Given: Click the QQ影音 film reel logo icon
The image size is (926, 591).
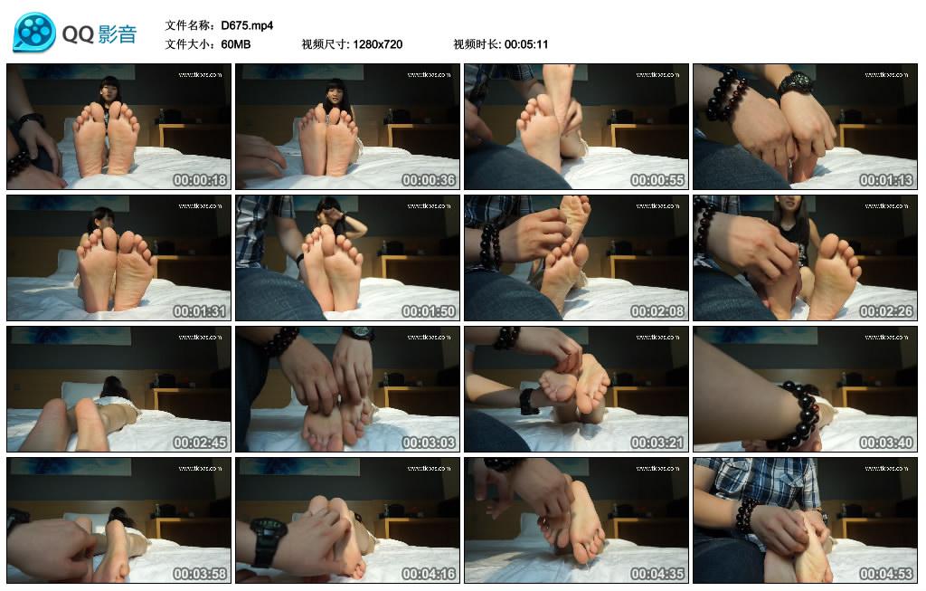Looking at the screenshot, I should click(x=34, y=33).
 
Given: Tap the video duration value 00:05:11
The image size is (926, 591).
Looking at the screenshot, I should click(x=526, y=44).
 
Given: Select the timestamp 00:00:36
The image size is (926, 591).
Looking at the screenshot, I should click(x=429, y=180).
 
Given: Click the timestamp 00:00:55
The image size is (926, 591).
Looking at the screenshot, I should click(x=657, y=180).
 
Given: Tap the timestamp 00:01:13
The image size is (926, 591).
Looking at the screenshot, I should click(x=886, y=180).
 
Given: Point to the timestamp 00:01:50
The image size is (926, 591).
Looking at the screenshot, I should click(x=429, y=311).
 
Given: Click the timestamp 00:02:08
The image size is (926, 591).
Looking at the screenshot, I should click(x=657, y=311).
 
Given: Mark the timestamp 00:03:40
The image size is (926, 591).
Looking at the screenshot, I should click(x=886, y=443).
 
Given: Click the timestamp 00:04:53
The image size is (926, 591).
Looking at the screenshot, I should click(x=886, y=574).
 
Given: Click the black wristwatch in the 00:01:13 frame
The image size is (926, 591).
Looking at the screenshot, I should click(x=795, y=83).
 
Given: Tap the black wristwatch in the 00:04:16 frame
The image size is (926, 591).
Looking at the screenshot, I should click(x=268, y=541).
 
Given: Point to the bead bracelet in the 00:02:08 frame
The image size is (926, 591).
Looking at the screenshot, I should click(x=490, y=247).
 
